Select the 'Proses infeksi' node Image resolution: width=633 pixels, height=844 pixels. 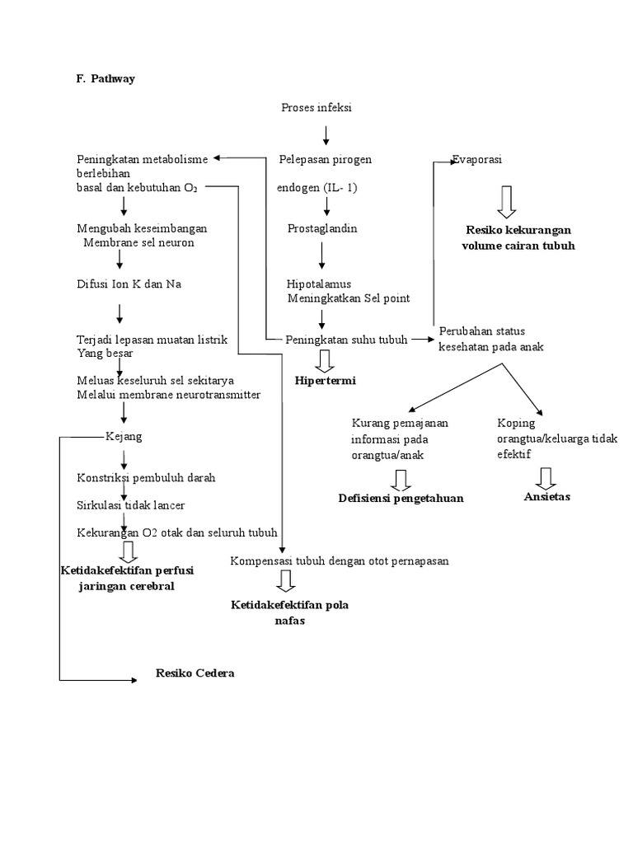(316, 108)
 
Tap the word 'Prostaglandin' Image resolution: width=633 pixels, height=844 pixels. (322, 228)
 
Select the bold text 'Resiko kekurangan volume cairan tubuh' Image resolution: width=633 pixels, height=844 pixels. (518, 237)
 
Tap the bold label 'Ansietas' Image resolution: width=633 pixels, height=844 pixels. (547, 497)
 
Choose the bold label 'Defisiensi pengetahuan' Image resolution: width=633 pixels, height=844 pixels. (401, 498)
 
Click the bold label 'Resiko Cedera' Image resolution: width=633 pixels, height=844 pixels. (195, 673)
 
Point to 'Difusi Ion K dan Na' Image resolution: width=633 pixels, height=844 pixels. (129, 284)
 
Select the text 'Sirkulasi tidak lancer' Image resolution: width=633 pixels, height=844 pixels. (130, 504)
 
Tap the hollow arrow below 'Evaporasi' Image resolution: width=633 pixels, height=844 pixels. (507, 200)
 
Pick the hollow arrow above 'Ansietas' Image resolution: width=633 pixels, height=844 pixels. (546, 477)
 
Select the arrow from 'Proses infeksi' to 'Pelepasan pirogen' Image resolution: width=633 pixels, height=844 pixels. (327, 133)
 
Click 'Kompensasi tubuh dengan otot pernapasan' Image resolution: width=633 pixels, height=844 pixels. (340, 561)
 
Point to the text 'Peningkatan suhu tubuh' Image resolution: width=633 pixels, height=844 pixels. (346, 339)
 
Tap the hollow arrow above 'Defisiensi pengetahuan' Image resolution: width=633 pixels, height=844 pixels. (401, 480)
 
